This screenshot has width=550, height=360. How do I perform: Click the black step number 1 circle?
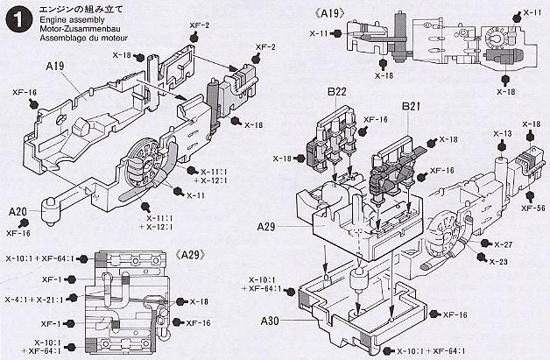16,17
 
